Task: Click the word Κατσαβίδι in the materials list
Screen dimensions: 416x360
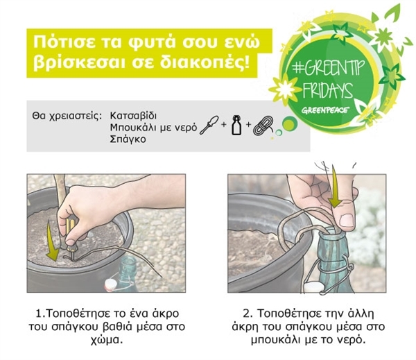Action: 133,116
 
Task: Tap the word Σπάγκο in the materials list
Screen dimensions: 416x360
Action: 128,139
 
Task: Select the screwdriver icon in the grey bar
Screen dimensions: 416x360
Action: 209,125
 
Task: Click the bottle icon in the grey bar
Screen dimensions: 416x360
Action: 236,125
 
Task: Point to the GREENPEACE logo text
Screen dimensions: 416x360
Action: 325,110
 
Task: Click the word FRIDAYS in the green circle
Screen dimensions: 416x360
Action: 328,90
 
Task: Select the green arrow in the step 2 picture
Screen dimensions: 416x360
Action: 336,186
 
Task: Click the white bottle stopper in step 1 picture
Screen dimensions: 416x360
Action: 111,285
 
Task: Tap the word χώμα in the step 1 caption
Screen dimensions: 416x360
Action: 107,340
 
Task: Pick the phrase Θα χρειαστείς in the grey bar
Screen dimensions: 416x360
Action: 67,117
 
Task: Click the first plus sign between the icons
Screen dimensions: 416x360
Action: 224,124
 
